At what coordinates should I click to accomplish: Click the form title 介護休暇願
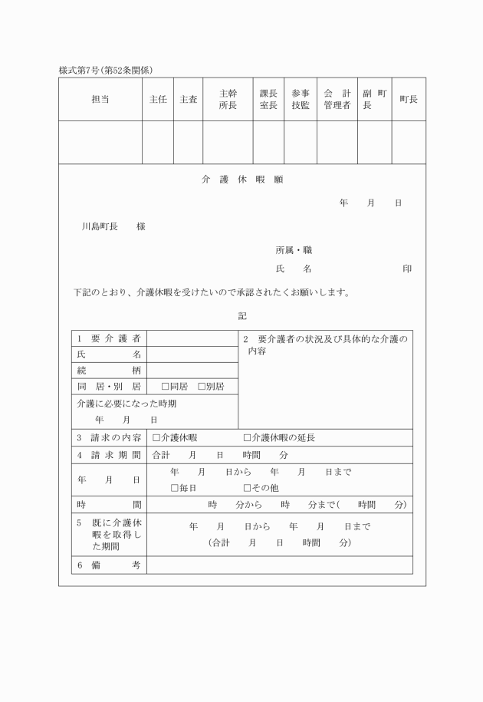tap(242, 180)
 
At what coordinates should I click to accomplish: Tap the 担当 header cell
tap(100, 100)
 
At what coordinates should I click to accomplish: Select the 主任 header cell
tap(157, 100)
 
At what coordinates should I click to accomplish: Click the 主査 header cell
tap(188, 100)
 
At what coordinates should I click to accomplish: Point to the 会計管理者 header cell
tap(337, 100)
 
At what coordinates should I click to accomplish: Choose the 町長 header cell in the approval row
tap(409, 100)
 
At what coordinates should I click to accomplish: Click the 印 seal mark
tap(407, 269)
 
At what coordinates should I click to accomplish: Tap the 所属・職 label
tap(294, 250)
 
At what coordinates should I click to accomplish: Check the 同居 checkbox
tap(165, 387)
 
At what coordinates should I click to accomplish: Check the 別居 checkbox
tap(202, 387)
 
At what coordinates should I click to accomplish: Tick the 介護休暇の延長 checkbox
tap(247, 438)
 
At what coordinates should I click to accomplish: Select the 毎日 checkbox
tap(175, 488)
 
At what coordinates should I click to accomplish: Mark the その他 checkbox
tap(247, 488)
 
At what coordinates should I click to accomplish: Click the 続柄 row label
tap(108, 371)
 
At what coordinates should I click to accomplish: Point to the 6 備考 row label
tap(108, 565)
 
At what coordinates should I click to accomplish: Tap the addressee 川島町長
tap(100, 227)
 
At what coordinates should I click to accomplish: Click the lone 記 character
tap(242, 315)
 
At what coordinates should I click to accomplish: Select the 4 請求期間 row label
tap(108, 455)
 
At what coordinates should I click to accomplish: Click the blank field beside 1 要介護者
tap(192, 338)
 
